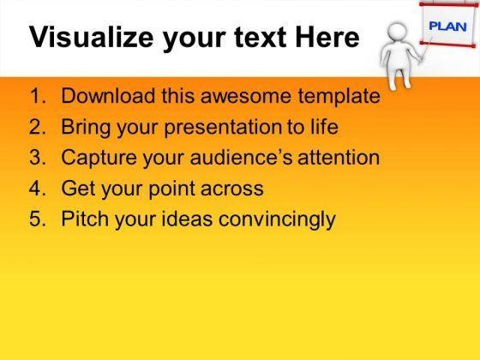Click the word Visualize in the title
[x=91, y=37]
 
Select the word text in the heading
[x=260, y=38]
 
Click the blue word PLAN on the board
[x=447, y=27]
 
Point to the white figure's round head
[x=397, y=33]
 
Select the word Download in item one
[x=108, y=95]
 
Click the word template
[x=339, y=96]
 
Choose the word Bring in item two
[x=86, y=127]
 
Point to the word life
[x=325, y=127]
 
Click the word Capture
[x=99, y=158]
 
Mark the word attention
[x=339, y=158]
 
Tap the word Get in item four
[x=78, y=189]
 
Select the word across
[x=232, y=189]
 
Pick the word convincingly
[x=277, y=219]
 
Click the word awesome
[x=246, y=96]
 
